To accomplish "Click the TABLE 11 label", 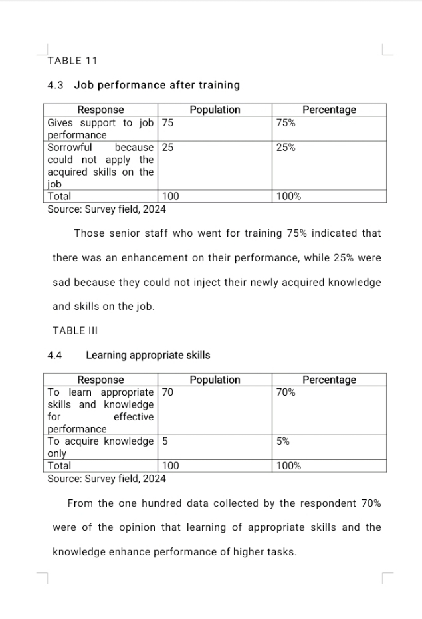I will coord(72,61).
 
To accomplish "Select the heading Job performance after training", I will coord(157,85).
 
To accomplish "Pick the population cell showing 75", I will coord(168,123).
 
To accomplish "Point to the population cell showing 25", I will coord(168,148).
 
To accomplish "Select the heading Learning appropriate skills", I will coord(148,355).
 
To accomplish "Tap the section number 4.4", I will coord(55,355).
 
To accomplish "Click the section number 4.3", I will coord(55,85).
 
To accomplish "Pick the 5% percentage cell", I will coord(284,441).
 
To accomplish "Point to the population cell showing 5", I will coord(165,441).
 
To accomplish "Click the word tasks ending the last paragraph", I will coord(281,552).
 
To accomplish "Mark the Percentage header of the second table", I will coord(329,380).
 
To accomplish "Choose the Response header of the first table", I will coord(100,110).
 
